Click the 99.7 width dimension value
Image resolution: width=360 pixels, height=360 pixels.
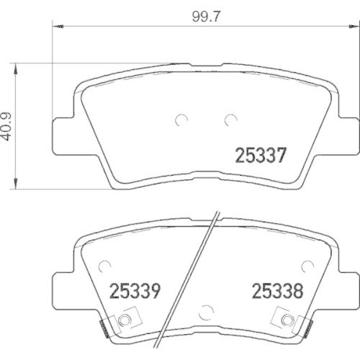206,17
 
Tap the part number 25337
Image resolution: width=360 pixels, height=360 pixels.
261,156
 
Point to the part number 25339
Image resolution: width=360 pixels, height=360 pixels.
135,291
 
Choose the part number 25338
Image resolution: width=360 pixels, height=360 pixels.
277,291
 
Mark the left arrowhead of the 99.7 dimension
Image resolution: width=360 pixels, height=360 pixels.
58,27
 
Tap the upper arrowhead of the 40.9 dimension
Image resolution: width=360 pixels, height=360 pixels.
16,69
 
